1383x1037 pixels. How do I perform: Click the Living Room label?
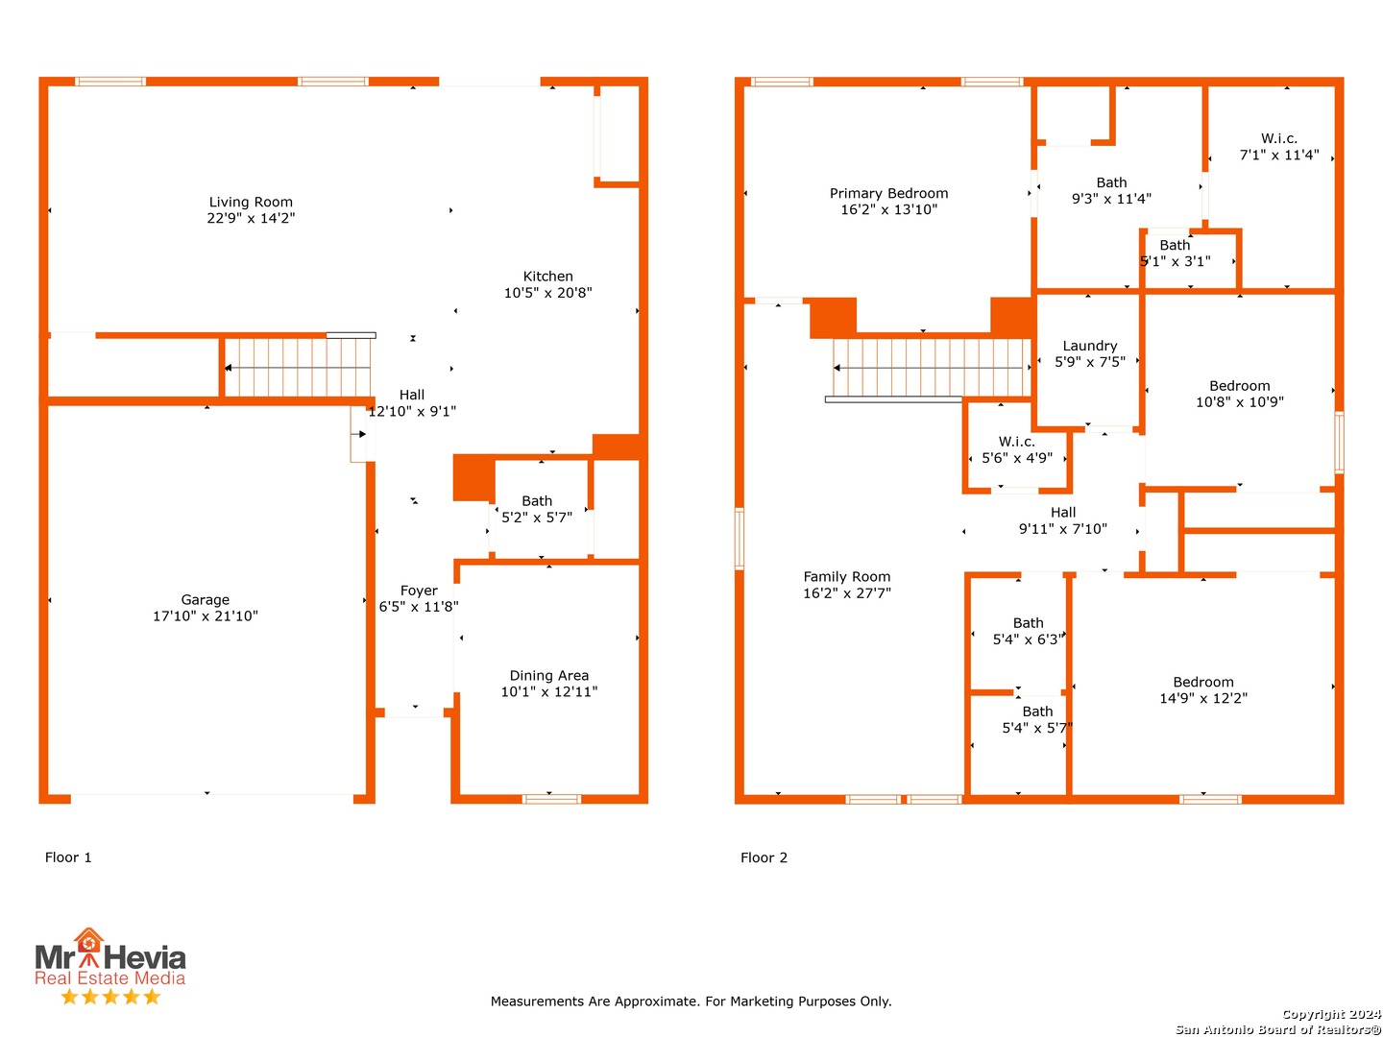point(250,202)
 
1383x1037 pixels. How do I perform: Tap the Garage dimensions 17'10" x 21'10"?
point(205,615)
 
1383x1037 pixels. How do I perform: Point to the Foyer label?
point(418,590)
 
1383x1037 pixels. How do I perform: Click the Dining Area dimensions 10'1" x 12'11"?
point(548,690)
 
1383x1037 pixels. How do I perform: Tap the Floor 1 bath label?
point(536,500)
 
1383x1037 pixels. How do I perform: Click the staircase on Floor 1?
point(297,367)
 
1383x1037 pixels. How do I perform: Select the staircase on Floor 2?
point(930,367)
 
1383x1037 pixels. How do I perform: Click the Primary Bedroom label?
point(887,193)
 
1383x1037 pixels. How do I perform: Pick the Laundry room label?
point(1089,345)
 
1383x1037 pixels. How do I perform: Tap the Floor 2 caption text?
point(763,856)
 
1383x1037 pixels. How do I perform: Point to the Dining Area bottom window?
point(550,798)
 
